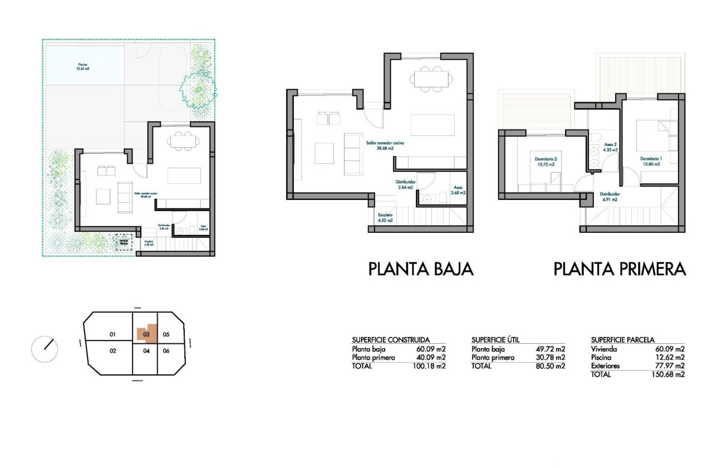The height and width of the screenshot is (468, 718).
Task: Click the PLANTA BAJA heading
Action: (x=421, y=270)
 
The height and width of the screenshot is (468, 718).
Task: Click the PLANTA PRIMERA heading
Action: (x=619, y=270)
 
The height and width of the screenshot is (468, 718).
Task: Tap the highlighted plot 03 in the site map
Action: (x=146, y=334)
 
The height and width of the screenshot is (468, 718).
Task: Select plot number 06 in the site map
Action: (x=166, y=351)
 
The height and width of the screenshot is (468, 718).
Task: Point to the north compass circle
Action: (x=45, y=349)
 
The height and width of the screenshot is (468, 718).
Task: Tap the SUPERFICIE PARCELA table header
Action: (x=622, y=339)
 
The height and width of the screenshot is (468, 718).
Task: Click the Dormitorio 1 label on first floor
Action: (x=650, y=161)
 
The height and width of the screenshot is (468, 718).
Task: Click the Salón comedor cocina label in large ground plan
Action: (x=385, y=146)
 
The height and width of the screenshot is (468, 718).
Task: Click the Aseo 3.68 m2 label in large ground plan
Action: (x=458, y=190)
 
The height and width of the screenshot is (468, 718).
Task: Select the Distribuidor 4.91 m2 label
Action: (x=609, y=197)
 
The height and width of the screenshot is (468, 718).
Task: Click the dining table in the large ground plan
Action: (x=431, y=79)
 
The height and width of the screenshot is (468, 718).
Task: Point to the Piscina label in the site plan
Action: (x=83, y=67)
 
